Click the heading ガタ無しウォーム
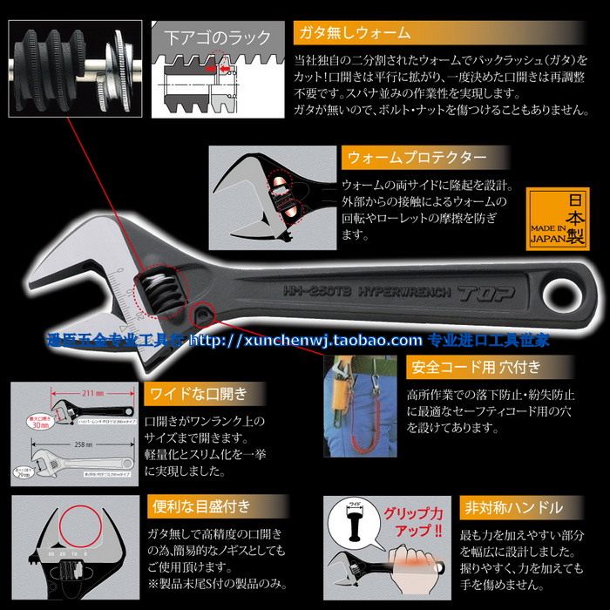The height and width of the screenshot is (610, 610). point(355,32)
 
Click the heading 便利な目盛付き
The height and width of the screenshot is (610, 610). point(200,505)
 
